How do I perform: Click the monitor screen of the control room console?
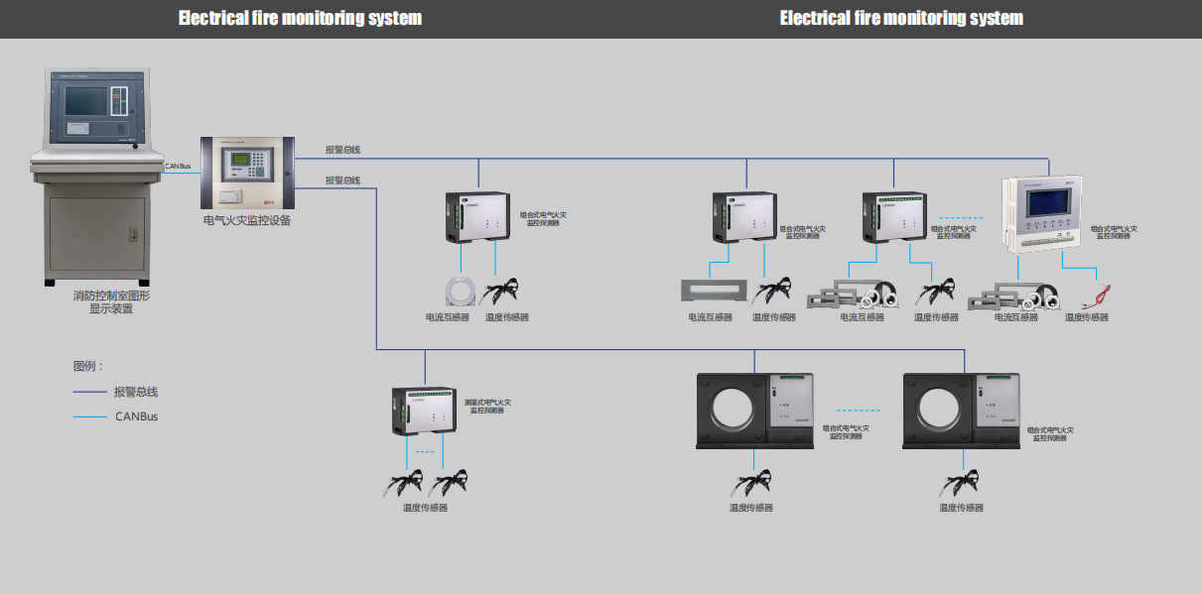(x=87, y=100)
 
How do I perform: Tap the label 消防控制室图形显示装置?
(x=111, y=301)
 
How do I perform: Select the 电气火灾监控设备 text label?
(x=247, y=220)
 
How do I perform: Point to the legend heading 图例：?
(x=87, y=366)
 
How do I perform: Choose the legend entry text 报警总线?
(x=136, y=392)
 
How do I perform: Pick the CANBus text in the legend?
(x=136, y=416)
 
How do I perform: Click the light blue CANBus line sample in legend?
(x=89, y=416)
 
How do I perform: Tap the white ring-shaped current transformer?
(x=461, y=291)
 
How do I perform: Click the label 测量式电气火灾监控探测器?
(x=487, y=406)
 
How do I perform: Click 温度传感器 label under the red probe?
(x=1087, y=317)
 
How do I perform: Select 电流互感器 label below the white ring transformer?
(x=446, y=317)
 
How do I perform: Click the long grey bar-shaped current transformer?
(x=711, y=291)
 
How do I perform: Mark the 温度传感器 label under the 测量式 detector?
(x=425, y=508)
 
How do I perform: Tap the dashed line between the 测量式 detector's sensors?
(x=425, y=452)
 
